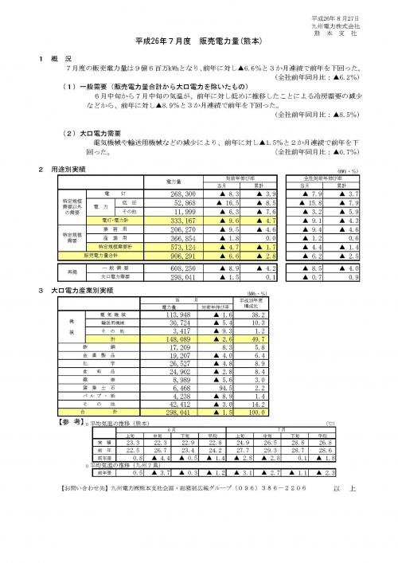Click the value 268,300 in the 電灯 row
pos(189,194)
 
